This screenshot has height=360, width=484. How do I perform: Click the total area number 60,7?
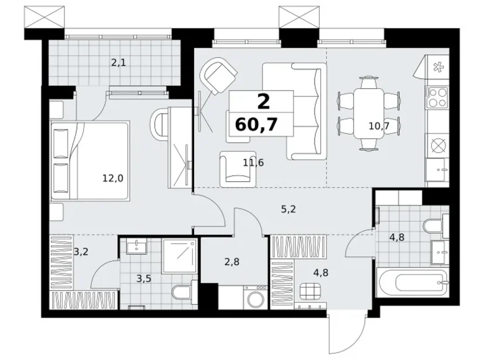(x=256, y=125)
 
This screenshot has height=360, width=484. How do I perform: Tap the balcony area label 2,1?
(x=119, y=63)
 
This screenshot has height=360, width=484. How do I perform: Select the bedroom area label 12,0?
(x=113, y=178)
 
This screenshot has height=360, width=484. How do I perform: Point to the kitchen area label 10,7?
(x=379, y=126)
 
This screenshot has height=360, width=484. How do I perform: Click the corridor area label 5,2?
(x=289, y=209)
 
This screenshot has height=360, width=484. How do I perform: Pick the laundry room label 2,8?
(x=232, y=262)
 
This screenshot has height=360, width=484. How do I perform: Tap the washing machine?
(x=255, y=297)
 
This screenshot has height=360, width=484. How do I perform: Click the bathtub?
(x=413, y=282)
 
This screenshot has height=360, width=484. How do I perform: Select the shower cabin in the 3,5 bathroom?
(x=180, y=256)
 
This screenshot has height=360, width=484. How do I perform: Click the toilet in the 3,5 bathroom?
(x=184, y=290)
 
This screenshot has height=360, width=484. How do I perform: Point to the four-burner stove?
(x=437, y=97)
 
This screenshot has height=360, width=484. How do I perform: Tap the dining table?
(x=369, y=113)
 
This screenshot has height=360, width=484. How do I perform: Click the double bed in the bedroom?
(x=89, y=161)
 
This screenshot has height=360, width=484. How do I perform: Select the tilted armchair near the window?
(x=218, y=74)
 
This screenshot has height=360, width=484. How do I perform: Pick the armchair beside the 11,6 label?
(x=238, y=169)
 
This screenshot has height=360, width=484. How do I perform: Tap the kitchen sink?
(x=437, y=169)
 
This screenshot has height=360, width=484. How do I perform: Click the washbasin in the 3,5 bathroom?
(x=136, y=246)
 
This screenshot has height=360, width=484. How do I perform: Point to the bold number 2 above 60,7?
(x=263, y=102)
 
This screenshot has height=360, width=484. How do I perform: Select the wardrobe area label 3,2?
(x=81, y=251)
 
